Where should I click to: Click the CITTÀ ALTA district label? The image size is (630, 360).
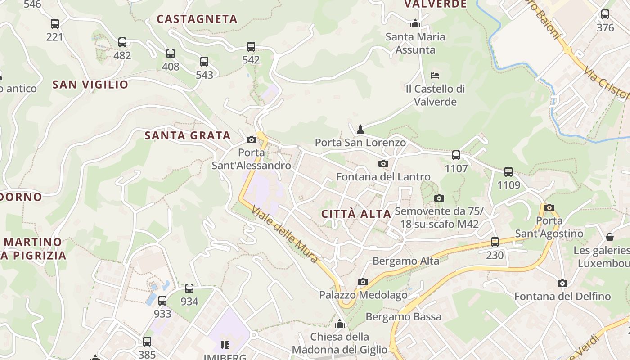pos(356,214)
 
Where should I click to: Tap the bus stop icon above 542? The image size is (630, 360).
pos(251,46)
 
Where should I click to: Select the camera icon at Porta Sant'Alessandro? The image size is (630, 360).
pos(252,139)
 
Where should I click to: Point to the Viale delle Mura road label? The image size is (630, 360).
pos(285,234)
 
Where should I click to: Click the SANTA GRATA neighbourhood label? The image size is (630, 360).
pos(188,135)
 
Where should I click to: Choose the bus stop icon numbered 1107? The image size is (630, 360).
pos(456,155)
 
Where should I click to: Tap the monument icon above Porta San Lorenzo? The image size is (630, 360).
pos(360,130)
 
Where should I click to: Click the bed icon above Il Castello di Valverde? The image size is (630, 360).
pos(435,75)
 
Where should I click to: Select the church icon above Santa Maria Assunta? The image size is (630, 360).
pos(415,23)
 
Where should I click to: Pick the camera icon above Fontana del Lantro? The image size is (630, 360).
pos(383,163)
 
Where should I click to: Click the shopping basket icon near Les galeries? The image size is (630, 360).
pos(610,237)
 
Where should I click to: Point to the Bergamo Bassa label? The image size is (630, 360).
pos(403,317)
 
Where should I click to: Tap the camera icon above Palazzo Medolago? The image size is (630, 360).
pos(363,282)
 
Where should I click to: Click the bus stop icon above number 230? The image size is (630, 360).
pos(495,242)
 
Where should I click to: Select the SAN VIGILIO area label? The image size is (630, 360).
pos(90,85)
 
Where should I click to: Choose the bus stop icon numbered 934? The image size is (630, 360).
pos(189,288)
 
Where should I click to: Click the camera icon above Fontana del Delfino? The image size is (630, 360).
pos(562,283)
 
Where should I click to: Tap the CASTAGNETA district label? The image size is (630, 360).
pos(197,19)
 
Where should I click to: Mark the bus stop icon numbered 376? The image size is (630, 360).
pos(605,14)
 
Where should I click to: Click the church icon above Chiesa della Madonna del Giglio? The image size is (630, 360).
pos(340,324)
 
